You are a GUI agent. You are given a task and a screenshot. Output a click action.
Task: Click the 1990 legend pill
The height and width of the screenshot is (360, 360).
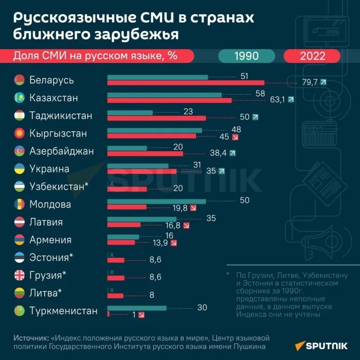click(246, 56)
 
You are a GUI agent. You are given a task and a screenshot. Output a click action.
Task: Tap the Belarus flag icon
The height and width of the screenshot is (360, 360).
click(20, 80)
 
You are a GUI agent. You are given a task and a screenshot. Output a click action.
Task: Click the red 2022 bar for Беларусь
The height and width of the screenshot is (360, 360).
click(186, 83)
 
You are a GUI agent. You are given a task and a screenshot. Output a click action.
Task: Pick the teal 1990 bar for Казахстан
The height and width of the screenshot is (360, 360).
click(164, 95)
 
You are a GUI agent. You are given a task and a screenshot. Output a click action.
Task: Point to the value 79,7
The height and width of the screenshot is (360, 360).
click(310, 82)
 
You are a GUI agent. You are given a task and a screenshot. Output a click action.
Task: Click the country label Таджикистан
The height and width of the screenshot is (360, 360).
click(61, 116)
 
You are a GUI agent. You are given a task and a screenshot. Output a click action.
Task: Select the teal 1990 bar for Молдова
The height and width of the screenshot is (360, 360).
click(157, 201)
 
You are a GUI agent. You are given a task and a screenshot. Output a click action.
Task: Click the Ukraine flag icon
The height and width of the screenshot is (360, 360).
click(20, 169)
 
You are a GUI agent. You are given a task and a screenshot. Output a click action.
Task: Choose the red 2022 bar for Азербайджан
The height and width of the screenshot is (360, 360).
click(145, 153)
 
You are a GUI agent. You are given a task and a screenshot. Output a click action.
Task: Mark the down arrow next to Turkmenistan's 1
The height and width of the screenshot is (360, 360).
click(142, 315)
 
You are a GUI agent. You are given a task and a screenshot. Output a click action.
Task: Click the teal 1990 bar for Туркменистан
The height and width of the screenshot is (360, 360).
click(137, 308)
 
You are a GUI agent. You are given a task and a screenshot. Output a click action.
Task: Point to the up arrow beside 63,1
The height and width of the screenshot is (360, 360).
click(291, 100)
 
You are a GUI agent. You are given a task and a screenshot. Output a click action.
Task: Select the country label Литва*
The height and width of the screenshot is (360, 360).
click(45, 293)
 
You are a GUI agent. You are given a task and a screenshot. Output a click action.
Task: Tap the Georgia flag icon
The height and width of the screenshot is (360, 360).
click(20, 276)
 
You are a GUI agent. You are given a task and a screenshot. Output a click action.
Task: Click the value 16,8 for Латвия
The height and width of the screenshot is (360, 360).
click(172, 225)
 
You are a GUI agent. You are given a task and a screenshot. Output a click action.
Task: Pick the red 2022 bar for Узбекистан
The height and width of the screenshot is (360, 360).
click(127, 189)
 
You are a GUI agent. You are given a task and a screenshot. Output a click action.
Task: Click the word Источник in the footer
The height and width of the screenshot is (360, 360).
click(30, 337)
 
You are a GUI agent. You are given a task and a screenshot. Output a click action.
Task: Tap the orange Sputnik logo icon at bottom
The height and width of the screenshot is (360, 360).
click(299, 346)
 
